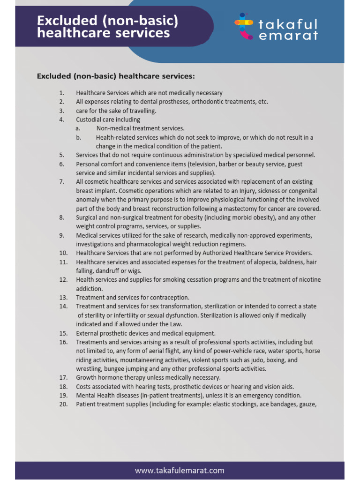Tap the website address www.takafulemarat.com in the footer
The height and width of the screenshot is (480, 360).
pos(180,470)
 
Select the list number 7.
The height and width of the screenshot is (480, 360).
pos(62,182)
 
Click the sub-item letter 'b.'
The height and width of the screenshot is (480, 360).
pos(78,137)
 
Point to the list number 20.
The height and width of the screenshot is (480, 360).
pos(63,405)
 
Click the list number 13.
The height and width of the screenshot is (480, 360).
pos(63,298)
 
